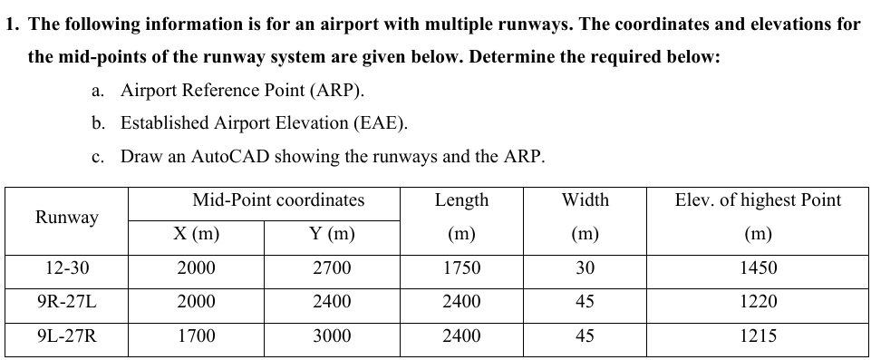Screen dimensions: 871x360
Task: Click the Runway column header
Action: (x=66, y=218)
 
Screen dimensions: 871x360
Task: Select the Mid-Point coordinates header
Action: (x=278, y=200)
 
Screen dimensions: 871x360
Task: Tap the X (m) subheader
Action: (x=196, y=235)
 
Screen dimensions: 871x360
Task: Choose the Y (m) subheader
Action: (x=332, y=235)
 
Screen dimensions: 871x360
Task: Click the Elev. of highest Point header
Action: (x=758, y=200)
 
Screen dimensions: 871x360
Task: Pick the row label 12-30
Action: (x=66, y=268)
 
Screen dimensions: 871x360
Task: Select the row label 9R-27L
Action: (x=66, y=302)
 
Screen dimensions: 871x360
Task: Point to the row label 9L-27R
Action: (x=66, y=336)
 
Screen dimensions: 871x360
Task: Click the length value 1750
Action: (x=461, y=268)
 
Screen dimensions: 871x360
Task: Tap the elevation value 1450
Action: (x=758, y=268)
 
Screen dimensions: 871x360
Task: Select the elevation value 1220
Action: (x=758, y=302)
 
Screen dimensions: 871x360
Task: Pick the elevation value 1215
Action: (x=758, y=336)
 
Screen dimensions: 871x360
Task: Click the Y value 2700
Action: (x=332, y=268)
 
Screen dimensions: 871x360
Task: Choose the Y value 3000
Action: (x=332, y=336)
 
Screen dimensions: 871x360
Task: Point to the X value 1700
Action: (x=196, y=336)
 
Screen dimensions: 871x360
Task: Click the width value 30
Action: (x=585, y=268)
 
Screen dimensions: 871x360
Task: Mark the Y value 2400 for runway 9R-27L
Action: (x=332, y=302)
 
